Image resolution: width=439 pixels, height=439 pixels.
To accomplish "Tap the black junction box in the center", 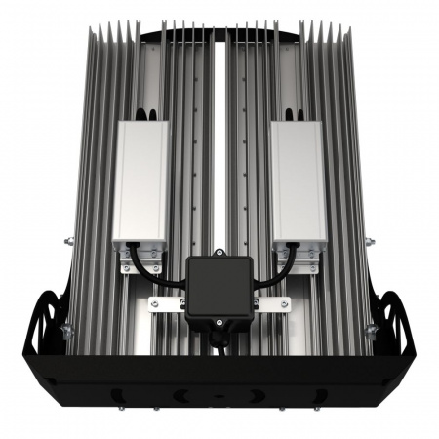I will point(219,289).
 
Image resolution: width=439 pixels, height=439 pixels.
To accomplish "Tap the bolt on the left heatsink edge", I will point(66,241).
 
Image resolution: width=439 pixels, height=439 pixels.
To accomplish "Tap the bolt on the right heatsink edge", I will point(372,241).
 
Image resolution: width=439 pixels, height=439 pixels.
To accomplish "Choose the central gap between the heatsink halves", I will point(219,146).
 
